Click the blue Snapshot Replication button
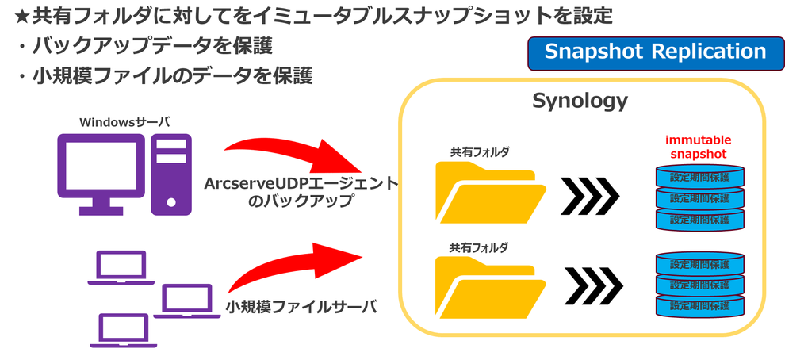[x=654, y=52]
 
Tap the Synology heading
[x=580, y=101]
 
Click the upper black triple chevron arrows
[x=589, y=195]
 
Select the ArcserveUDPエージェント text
[x=300, y=183]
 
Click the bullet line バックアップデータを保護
[x=151, y=46]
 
